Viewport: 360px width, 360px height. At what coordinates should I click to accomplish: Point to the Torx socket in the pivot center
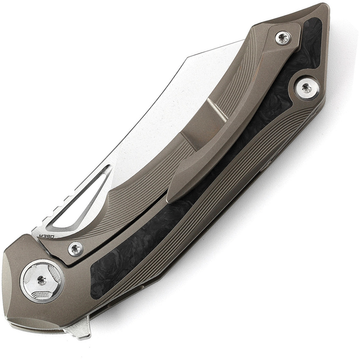42,280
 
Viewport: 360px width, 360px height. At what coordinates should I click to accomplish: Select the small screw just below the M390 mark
76,249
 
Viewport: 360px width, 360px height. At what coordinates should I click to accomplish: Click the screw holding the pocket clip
282,38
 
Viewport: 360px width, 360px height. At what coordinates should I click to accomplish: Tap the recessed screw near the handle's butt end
305,88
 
